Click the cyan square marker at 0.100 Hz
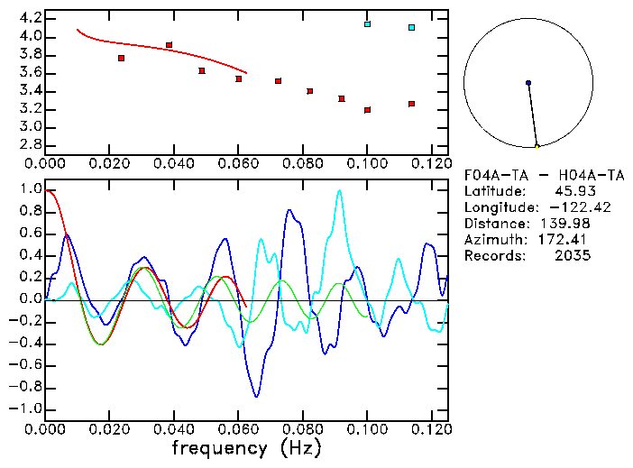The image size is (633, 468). [367, 24]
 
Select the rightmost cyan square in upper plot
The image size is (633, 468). [411, 28]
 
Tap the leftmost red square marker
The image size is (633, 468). [121, 58]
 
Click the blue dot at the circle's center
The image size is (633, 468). [528, 83]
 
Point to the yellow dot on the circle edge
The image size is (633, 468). [537, 146]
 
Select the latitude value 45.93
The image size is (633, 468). [572, 190]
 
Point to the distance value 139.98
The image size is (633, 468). [567, 223]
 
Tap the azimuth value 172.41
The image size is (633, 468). [567, 239]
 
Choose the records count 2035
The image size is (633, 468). [572, 255]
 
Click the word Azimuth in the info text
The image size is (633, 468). [492, 239]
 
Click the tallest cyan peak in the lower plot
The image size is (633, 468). [339, 190]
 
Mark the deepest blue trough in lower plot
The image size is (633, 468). [257, 396]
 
